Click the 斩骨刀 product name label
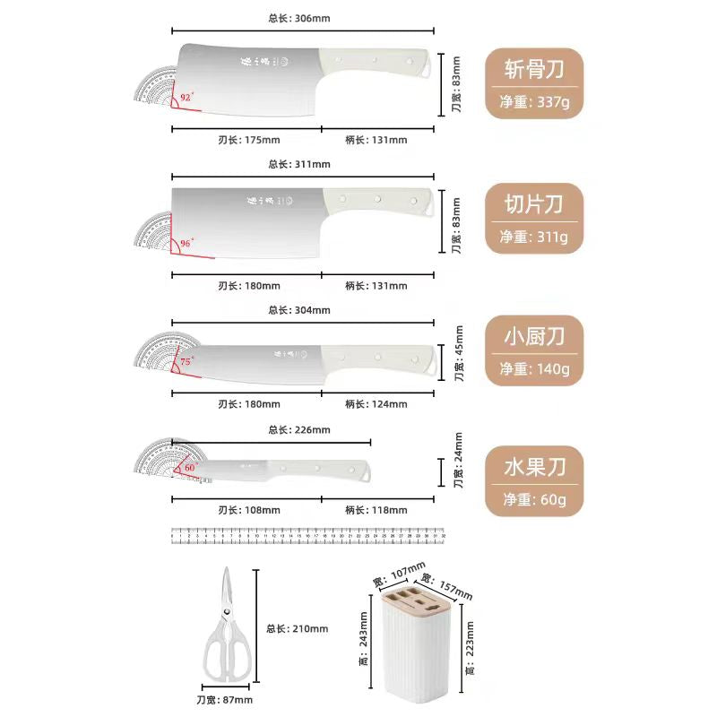coord(534,68)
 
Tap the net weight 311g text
coord(534,238)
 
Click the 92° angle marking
coord(186,96)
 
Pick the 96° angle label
coord(186,243)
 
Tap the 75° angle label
coord(186,361)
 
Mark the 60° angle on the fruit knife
coord(189,467)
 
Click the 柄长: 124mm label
coord(376,404)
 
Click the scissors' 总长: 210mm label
coord(298,628)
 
